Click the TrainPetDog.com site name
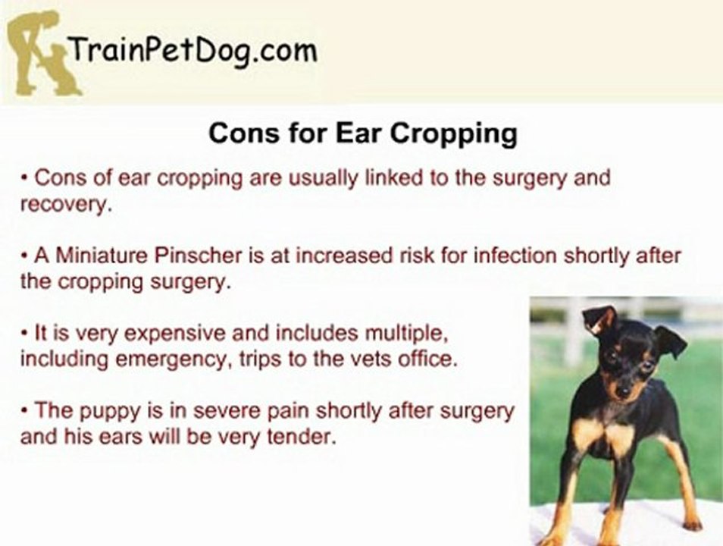pyautogui.click(x=192, y=52)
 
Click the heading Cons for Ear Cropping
pyautogui.click(x=362, y=133)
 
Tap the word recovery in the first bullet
pyautogui.click(x=65, y=206)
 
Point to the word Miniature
pyautogui.click(x=95, y=255)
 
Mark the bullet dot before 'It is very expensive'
pyautogui.click(x=25, y=333)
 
